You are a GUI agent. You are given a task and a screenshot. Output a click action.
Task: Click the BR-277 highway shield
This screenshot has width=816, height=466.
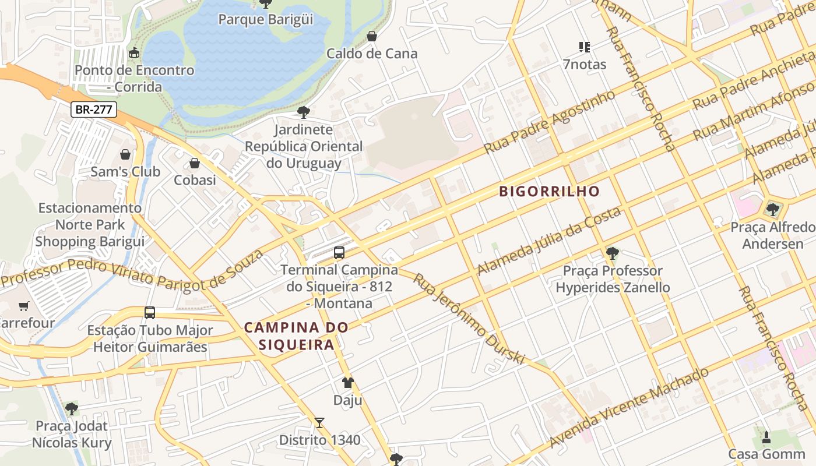click(94, 109)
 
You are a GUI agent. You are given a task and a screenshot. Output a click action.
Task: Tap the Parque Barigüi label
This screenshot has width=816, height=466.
click(265, 19)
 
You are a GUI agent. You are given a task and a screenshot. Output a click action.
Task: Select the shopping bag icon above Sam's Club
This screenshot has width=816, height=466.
click(125, 154)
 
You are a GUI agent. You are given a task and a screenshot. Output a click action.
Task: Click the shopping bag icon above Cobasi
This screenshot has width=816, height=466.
click(195, 163)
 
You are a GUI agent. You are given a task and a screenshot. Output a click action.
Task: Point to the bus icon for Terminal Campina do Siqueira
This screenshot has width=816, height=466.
click(339, 253)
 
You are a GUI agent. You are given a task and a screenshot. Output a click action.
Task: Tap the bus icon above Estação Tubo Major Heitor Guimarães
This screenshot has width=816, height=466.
click(150, 313)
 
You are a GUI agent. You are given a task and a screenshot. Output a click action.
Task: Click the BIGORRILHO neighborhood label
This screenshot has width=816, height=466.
click(549, 192)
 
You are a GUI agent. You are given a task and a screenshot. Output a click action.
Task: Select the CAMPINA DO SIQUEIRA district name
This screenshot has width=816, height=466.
click(296, 336)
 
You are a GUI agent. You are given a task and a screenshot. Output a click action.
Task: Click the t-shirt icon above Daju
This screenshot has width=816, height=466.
click(347, 383)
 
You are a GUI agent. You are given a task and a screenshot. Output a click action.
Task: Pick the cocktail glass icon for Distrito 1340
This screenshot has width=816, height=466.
click(319, 423)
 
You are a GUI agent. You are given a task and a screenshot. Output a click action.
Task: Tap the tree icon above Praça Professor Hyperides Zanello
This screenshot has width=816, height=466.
click(612, 253)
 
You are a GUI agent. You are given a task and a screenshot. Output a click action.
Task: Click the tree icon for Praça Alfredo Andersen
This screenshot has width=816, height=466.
click(773, 209)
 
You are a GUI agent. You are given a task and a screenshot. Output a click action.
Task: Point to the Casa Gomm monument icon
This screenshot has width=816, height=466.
click(766, 437)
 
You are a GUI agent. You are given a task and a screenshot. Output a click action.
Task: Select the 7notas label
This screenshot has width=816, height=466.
click(585, 64)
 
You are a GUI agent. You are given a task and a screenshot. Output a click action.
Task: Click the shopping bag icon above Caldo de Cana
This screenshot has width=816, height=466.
click(371, 37)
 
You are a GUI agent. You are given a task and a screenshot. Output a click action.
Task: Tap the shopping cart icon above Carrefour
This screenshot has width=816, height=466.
click(24, 306)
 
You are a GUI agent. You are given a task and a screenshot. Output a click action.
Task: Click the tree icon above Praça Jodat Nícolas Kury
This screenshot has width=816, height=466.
click(71, 409)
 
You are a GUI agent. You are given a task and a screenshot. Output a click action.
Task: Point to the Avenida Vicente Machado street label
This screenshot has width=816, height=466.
click(629, 407)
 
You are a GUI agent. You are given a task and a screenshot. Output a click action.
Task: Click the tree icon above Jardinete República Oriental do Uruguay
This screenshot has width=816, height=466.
click(303, 112)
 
